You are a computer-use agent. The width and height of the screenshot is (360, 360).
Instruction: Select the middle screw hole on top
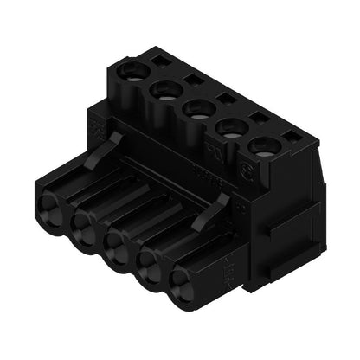point(196,107)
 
